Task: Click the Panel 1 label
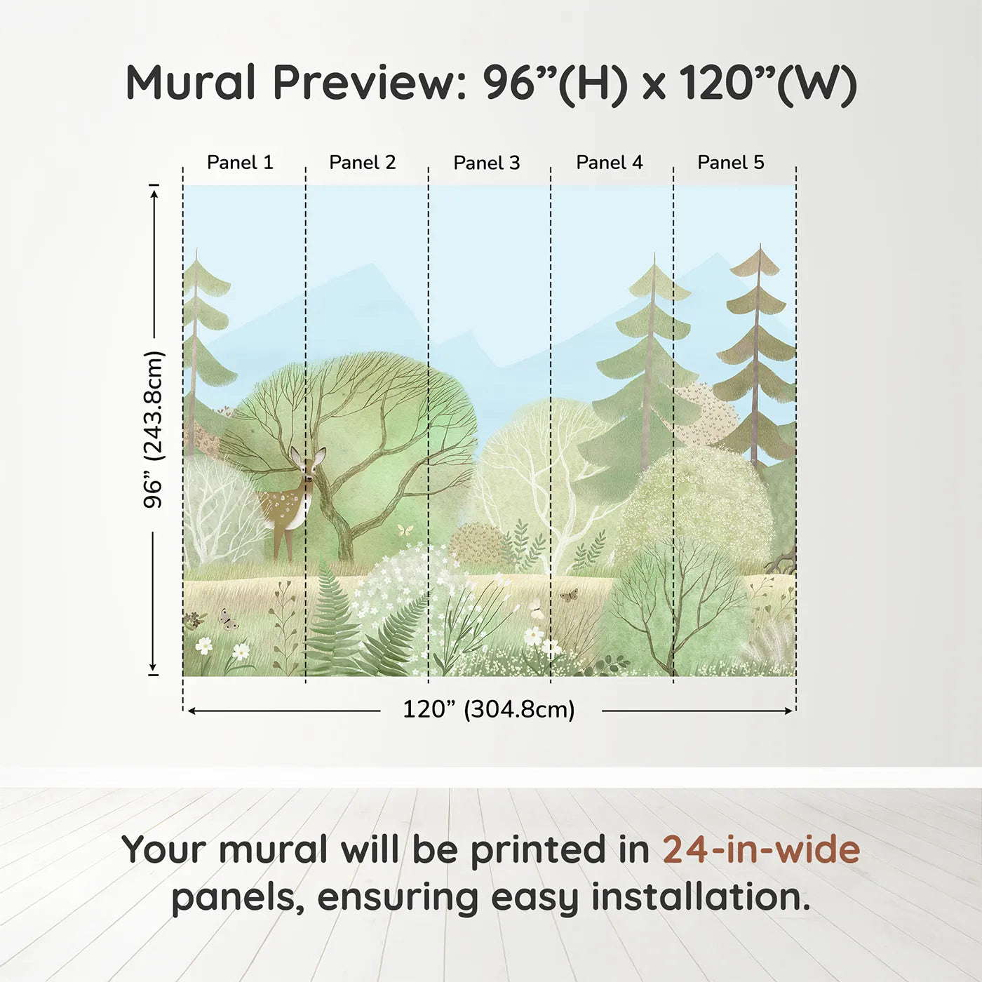(240, 163)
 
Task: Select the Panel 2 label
(363, 163)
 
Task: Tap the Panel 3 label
(487, 163)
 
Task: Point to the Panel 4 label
(610, 163)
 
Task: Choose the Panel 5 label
(731, 163)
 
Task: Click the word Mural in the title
(191, 83)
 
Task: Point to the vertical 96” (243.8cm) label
(153, 429)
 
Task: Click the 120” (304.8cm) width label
(489, 709)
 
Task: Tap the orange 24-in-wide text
(761, 849)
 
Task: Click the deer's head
(308, 465)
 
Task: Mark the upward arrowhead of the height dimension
(154, 191)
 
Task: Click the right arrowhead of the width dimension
(789, 711)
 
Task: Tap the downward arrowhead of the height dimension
(153, 668)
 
